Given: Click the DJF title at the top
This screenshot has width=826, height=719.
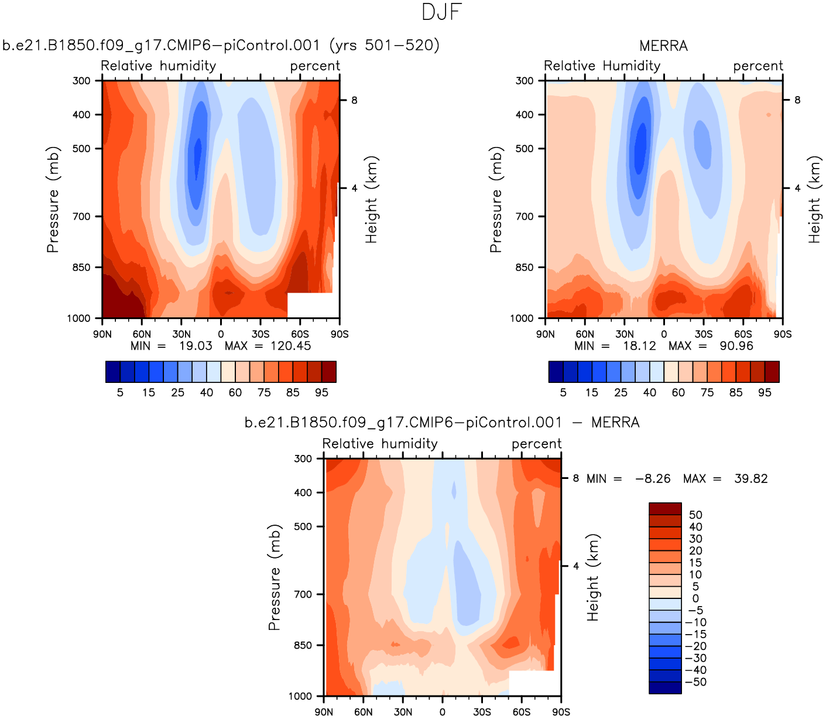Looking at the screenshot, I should click(x=442, y=12).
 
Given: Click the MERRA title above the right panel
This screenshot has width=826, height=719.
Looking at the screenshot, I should click(x=663, y=46).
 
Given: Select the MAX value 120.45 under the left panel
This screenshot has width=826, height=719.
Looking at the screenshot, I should click(x=290, y=346).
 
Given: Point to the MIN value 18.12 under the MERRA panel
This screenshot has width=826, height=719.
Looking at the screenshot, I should click(x=639, y=346).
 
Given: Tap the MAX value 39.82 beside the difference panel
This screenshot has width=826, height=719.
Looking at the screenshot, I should click(x=750, y=479).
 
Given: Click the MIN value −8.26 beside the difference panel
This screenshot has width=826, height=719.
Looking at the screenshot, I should click(x=653, y=479).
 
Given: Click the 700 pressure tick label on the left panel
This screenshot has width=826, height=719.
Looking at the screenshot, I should click(x=81, y=217).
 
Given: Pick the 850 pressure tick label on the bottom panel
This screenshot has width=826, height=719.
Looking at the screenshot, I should click(x=303, y=645).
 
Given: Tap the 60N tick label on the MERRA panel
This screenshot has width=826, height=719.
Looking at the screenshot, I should click(x=585, y=334).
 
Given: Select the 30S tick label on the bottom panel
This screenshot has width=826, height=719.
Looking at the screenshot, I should click(x=482, y=712).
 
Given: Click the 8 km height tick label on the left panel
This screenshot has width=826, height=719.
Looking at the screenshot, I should click(x=354, y=100).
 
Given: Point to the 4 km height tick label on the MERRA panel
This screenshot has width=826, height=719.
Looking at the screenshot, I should click(x=797, y=188).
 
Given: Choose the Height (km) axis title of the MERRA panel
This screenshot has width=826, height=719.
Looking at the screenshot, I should click(x=814, y=200).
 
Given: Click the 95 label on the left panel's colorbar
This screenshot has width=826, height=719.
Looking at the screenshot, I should click(x=321, y=392).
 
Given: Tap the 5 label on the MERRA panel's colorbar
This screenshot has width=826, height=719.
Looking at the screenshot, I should click(x=563, y=392).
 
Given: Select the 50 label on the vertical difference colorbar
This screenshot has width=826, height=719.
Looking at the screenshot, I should click(x=695, y=515).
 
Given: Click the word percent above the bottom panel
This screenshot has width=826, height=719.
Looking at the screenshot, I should click(x=536, y=444).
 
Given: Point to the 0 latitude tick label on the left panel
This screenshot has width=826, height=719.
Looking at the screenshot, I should click(x=221, y=334).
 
